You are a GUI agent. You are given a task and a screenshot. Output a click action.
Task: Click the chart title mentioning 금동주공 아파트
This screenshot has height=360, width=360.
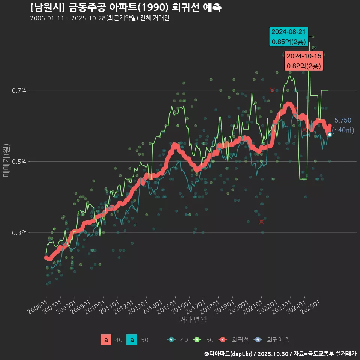pos(126,7)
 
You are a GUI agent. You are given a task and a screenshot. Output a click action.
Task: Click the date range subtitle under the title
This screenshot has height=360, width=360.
pos(99,18)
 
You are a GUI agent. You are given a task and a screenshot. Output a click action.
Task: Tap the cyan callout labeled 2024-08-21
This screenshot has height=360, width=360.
pos(288,37)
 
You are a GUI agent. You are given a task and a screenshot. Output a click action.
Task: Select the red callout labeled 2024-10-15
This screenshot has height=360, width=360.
pos(304,61)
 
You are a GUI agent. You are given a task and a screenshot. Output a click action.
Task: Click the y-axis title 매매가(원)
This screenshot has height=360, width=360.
pos(6,160)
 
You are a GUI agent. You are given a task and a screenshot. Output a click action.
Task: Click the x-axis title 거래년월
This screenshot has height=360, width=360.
pos(193,320)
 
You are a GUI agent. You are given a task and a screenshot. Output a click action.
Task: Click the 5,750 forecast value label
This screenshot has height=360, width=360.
pos(343,120)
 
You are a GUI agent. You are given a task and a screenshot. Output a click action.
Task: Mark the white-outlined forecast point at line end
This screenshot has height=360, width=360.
pos(330,135)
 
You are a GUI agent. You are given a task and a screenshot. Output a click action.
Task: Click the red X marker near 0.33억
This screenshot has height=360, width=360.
pos(261,222)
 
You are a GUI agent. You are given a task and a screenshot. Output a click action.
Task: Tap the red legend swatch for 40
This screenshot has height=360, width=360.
pos(106,340)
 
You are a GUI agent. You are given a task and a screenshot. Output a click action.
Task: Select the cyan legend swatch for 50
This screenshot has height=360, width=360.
pos(132,340)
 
